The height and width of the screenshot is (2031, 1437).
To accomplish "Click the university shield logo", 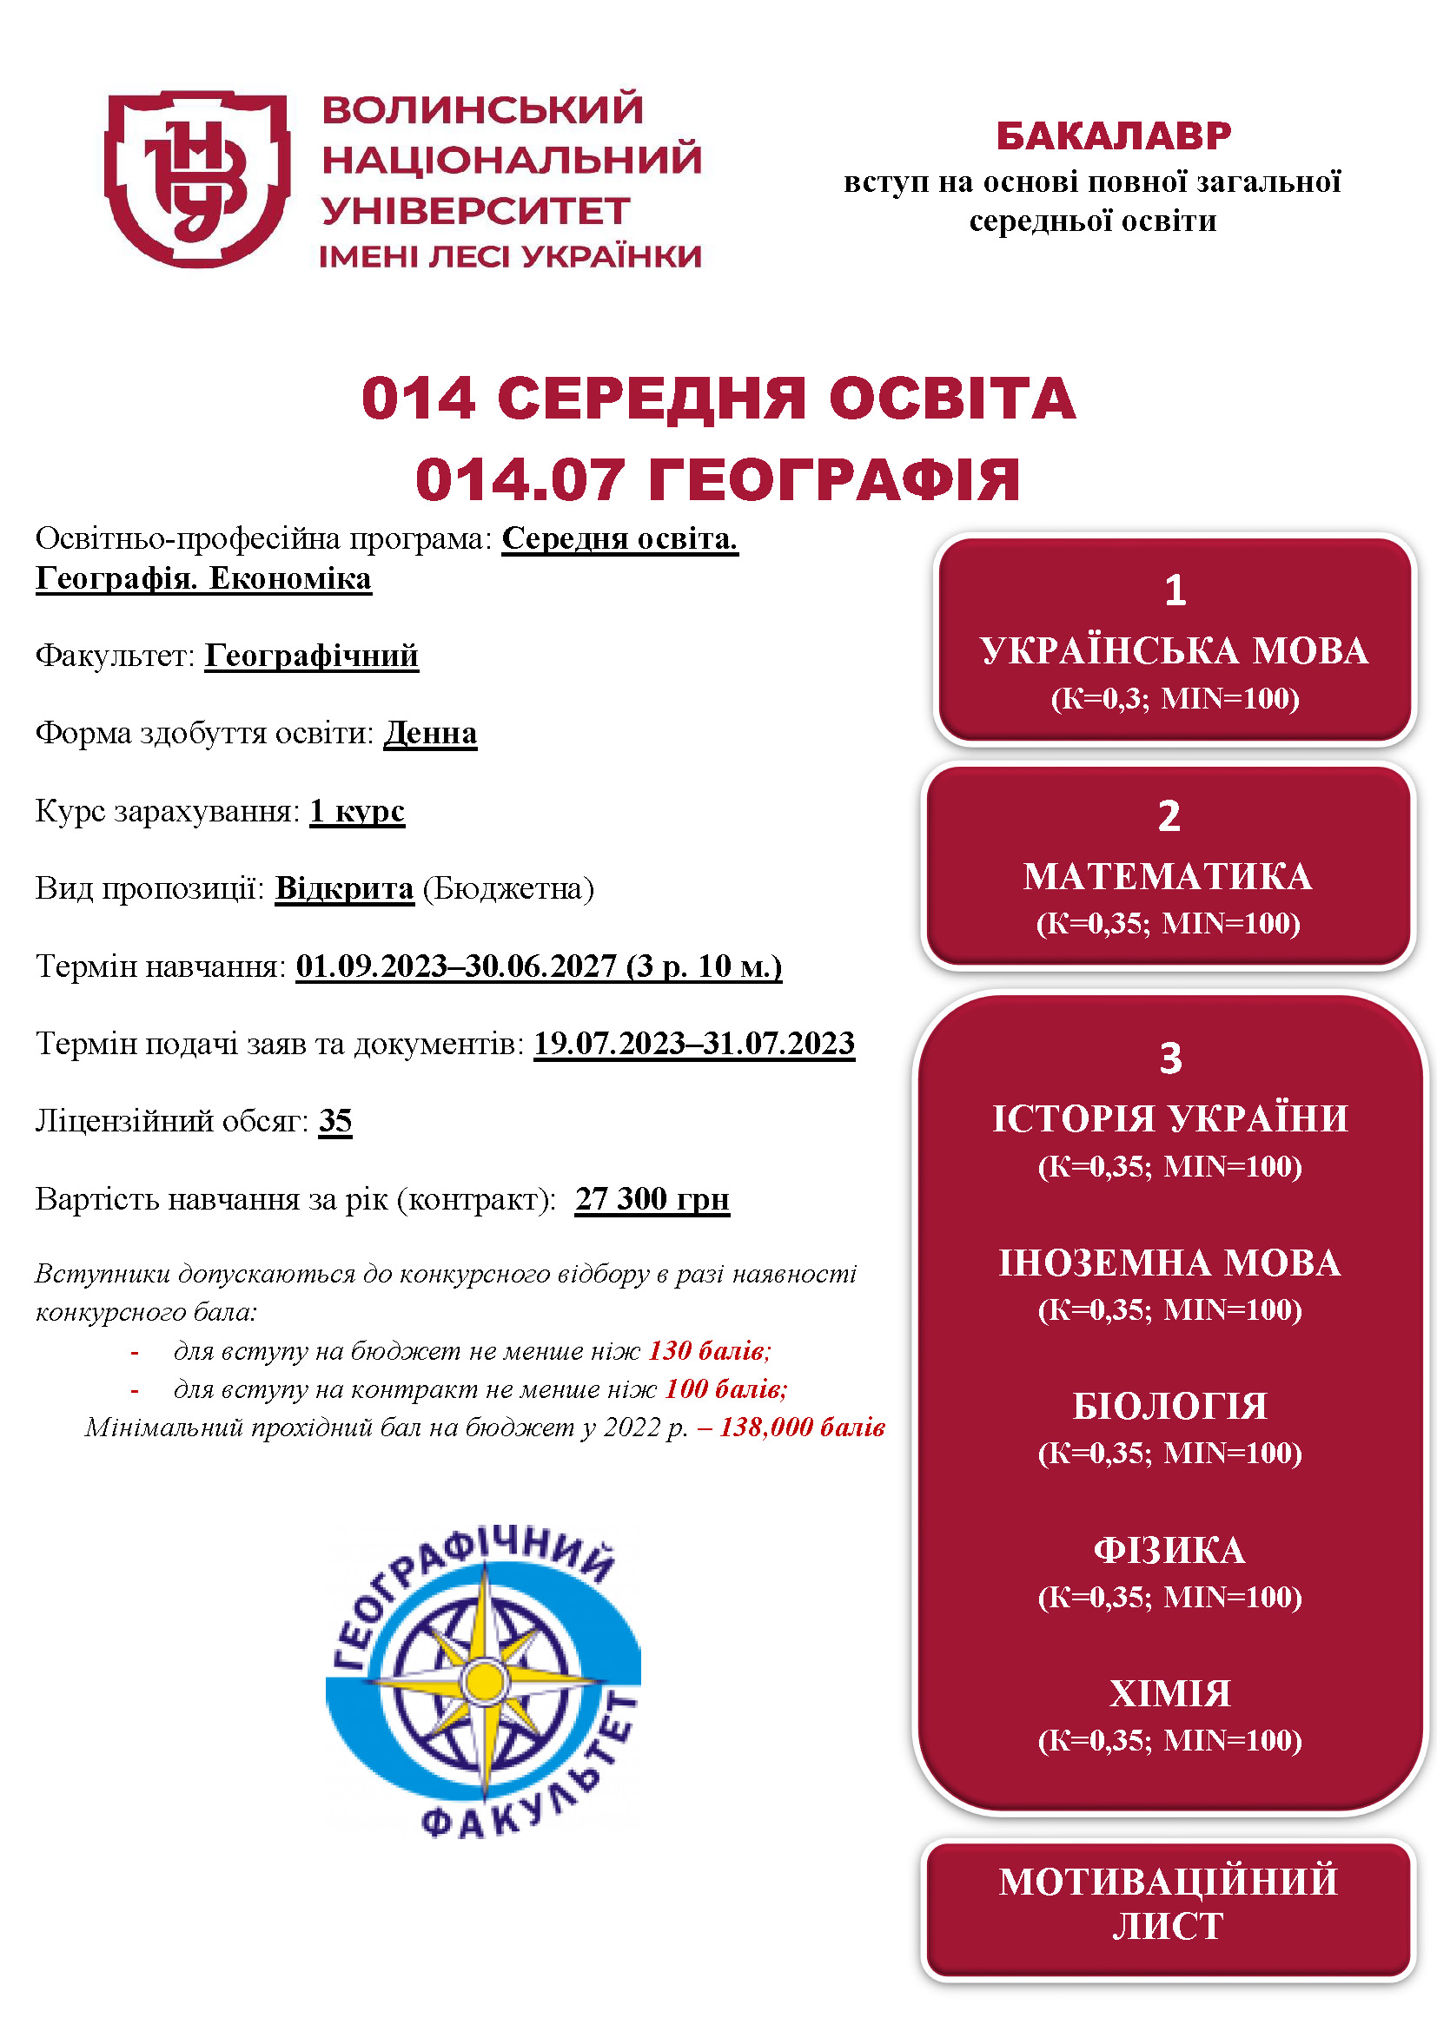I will click(x=197, y=177).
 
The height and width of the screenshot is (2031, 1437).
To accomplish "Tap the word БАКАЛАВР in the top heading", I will click(x=1113, y=136).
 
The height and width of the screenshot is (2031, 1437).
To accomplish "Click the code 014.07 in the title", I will click(x=520, y=480).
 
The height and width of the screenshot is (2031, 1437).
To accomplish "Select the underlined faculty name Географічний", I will click(x=312, y=656).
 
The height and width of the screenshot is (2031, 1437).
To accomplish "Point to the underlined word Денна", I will click(x=430, y=734).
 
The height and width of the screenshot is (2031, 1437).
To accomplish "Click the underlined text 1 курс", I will click(x=357, y=811).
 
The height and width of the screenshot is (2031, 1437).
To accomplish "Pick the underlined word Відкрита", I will click(x=344, y=888).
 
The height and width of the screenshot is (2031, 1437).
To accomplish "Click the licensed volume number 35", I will click(x=335, y=1121).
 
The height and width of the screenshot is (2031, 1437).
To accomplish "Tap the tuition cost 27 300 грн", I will click(x=652, y=1198).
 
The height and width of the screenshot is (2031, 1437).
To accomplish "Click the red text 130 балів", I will click(x=710, y=1351).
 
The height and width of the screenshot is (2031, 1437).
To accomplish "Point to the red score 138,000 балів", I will click(x=802, y=1427).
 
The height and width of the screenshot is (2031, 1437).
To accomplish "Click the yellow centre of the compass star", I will click(x=484, y=1678).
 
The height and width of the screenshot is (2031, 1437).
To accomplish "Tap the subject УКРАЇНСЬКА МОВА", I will click(x=1175, y=651).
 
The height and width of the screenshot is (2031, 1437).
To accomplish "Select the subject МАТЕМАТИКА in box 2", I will click(x=1168, y=877).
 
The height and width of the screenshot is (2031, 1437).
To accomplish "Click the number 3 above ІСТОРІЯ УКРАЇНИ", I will click(x=1170, y=1058).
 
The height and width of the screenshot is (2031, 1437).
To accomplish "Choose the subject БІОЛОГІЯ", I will click(x=1170, y=1407).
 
